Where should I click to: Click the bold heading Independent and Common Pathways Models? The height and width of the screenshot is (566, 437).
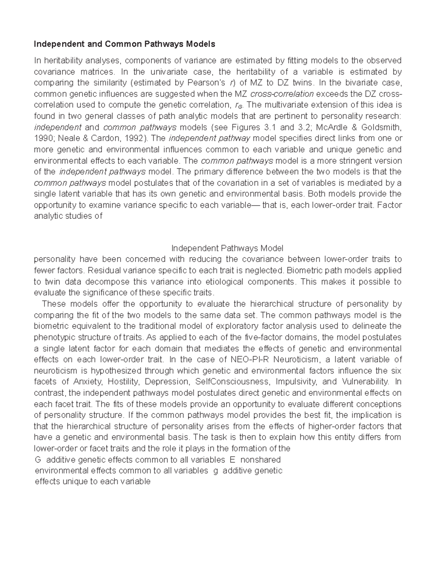click(x=124, y=44)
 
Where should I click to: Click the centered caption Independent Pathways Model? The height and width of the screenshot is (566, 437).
click(x=227, y=249)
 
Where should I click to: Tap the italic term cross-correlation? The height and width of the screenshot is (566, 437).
click(x=282, y=94)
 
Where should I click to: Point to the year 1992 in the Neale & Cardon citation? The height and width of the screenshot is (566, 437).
click(x=135, y=138)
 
